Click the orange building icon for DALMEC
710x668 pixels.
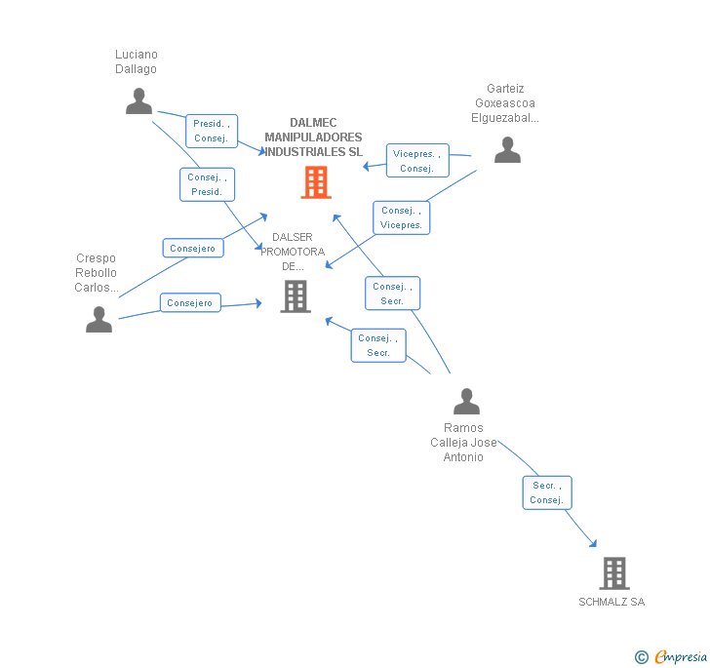point(316,182)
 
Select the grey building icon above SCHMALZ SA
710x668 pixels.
point(614,572)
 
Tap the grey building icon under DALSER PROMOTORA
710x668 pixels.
point(296,296)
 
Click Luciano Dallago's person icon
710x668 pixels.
point(139,101)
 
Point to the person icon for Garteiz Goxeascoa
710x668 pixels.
point(507,149)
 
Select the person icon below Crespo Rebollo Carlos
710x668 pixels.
point(99,319)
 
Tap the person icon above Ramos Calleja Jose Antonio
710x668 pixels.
point(467,401)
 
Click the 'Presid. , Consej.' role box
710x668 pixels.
point(212,131)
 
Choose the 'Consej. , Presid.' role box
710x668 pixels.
point(208,184)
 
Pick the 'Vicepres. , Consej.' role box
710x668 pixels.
point(417,161)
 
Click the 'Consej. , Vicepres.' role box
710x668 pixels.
point(401,217)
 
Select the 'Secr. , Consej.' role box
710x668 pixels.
point(547,492)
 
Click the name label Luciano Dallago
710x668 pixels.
point(137,61)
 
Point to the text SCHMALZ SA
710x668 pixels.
point(611,602)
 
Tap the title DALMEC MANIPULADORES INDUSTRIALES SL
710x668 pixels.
point(313,138)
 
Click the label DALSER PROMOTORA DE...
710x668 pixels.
point(293,252)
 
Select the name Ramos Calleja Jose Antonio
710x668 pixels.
point(463,443)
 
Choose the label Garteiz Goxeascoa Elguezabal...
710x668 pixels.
point(505,103)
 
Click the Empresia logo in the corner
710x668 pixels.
point(671,656)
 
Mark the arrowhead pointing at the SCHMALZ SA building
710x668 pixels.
point(594,543)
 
